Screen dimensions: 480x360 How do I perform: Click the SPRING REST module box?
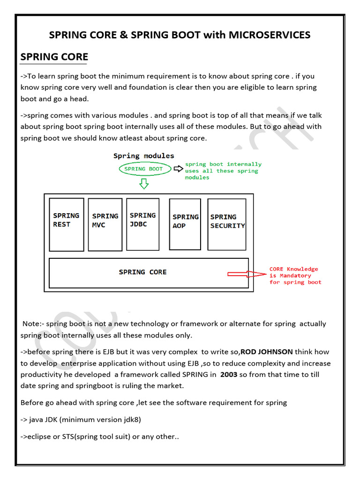[67, 225]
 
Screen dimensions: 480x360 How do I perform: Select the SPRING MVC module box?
[105, 225]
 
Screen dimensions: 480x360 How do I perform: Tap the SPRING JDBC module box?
[143, 225]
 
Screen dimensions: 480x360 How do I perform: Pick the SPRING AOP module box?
[185, 225]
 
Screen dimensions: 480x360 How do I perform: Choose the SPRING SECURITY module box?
[227, 225]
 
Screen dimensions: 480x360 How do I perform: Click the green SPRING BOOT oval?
[143, 169]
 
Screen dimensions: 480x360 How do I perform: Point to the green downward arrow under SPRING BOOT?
[144, 183]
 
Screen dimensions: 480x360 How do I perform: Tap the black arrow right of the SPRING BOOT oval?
[178, 169]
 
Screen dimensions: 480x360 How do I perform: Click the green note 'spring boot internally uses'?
[223, 171]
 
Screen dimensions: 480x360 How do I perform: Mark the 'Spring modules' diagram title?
[143, 156]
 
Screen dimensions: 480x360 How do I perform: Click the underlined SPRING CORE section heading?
[54, 57]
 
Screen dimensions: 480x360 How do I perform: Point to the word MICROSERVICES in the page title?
[270, 35]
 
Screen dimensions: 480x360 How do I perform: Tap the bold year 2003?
[229, 374]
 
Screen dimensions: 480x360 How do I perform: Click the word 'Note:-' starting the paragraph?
[32, 324]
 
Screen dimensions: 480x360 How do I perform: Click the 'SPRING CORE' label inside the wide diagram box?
[142, 272]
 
